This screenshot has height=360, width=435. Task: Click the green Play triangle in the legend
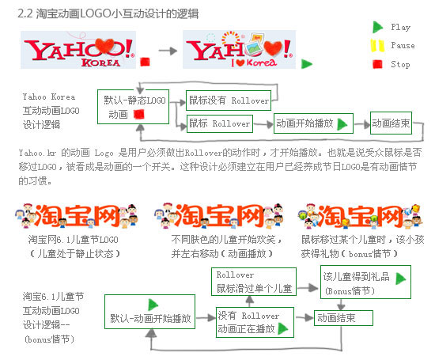377,27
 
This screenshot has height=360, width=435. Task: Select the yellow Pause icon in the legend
377,46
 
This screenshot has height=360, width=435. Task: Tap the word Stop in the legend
400,64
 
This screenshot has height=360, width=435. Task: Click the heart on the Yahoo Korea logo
105,45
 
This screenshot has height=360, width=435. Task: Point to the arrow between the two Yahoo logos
168,51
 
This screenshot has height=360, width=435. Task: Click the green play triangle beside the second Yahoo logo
307,64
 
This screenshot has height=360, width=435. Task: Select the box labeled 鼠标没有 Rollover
229,100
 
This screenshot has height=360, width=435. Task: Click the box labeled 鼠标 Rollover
220,123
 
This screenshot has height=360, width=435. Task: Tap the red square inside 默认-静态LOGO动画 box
139,114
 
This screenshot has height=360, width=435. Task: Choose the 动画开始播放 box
313,123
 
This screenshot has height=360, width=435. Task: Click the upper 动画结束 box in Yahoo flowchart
391,123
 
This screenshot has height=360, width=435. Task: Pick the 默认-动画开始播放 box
149,312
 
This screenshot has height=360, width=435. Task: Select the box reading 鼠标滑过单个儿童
254,282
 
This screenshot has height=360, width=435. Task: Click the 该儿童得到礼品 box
365,282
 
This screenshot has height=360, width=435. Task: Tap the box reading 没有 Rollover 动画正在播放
255,322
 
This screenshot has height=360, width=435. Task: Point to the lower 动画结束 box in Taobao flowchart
343,318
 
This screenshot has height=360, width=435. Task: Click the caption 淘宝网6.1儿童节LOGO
74,240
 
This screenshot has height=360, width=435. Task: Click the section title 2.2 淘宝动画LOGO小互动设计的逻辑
108,13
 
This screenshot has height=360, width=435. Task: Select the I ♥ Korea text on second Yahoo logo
254,63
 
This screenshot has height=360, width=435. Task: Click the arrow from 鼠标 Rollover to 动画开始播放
263,124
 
